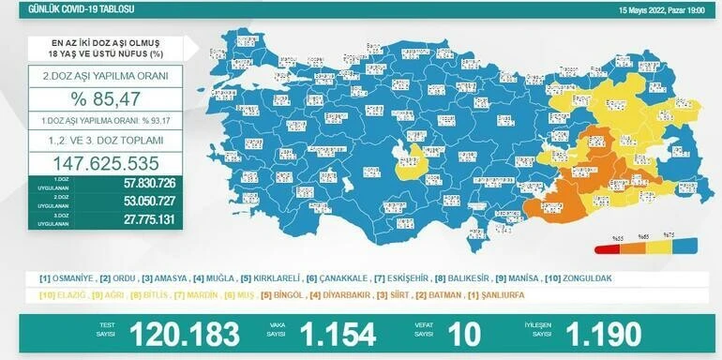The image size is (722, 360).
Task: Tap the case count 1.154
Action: click(x=337, y=334)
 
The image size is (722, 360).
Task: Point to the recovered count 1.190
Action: click(x=603, y=334)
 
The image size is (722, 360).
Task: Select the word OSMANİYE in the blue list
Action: click(x=71, y=278)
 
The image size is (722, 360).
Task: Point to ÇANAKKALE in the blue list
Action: click(x=337, y=278)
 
